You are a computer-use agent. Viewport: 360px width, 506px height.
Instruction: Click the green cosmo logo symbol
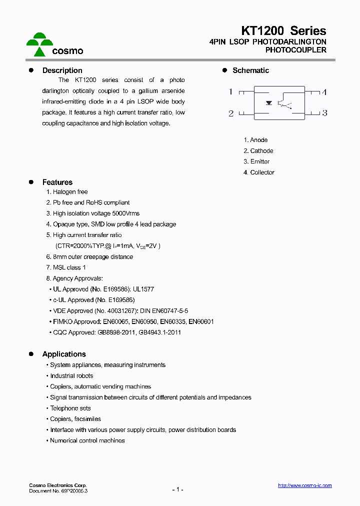click(39, 44)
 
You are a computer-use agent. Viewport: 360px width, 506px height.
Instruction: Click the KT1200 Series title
click(283, 30)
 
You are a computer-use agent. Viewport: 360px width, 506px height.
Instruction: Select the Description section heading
click(62, 70)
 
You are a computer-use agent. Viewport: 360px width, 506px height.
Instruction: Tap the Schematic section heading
click(250, 70)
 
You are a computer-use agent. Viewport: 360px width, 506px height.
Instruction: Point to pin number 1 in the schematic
click(231, 92)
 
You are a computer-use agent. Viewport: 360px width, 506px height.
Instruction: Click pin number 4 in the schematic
click(324, 92)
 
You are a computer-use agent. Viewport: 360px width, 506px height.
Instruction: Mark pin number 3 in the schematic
click(324, 113)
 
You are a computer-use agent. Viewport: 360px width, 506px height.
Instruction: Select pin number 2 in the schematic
click(231, 113)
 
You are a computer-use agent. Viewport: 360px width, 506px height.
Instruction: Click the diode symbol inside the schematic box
click(269, 103)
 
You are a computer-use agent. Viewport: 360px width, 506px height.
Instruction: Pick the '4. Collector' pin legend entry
click(259, 172)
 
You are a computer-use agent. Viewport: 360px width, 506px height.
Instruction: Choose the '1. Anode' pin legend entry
click(255, 140)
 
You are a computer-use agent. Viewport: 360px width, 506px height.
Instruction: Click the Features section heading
click(57, 182)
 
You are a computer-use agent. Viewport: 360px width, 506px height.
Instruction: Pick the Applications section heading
click(64, 354)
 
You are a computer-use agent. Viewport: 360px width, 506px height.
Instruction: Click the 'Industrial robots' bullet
click(71, 376)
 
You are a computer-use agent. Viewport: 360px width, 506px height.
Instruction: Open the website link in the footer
click(304, 485)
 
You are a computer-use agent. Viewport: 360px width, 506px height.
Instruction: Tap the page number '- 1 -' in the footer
click(178, 489)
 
